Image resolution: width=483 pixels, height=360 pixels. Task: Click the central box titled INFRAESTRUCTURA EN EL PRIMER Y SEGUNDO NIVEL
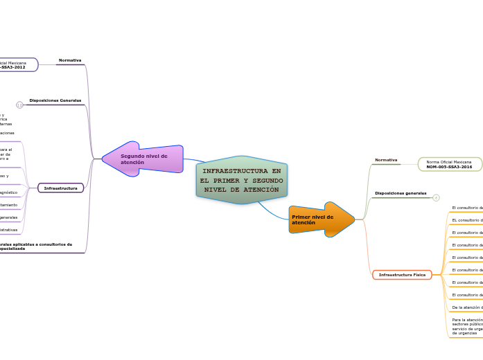(241, 180)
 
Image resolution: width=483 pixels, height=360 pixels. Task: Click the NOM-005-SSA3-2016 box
(449, 164)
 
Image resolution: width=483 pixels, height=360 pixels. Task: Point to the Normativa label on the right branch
(386, 160)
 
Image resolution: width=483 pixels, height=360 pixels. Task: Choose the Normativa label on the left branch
(70, 60)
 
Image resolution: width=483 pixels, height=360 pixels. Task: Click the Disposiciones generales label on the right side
(401, 192)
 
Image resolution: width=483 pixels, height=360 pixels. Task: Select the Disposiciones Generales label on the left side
(55, 100)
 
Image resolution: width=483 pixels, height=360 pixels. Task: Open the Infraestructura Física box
(402, 275)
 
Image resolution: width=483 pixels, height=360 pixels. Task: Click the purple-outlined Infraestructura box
(60, 188)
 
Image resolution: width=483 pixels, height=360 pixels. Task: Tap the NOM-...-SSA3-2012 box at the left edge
(17, 65)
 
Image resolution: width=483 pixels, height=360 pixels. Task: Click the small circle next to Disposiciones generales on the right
(436, 197)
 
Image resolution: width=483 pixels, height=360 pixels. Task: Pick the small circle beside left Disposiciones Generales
(19, 105)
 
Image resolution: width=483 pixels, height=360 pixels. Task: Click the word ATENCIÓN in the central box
(260, 190)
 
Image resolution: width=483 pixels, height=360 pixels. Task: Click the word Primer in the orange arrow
(301, 217)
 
